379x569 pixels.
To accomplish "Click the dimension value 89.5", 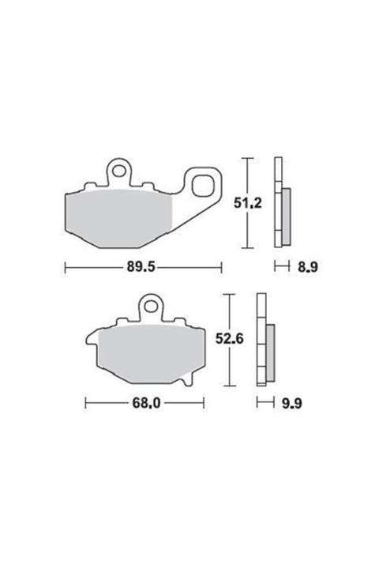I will click(144, 268).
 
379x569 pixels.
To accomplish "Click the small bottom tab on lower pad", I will click(186, 383).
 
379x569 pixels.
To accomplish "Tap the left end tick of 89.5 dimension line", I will click(65, 268).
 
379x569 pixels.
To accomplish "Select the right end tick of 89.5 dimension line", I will click(222, 268).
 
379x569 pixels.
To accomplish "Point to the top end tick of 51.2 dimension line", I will click(250, 160).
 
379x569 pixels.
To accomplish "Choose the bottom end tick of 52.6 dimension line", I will click(228, 386).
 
